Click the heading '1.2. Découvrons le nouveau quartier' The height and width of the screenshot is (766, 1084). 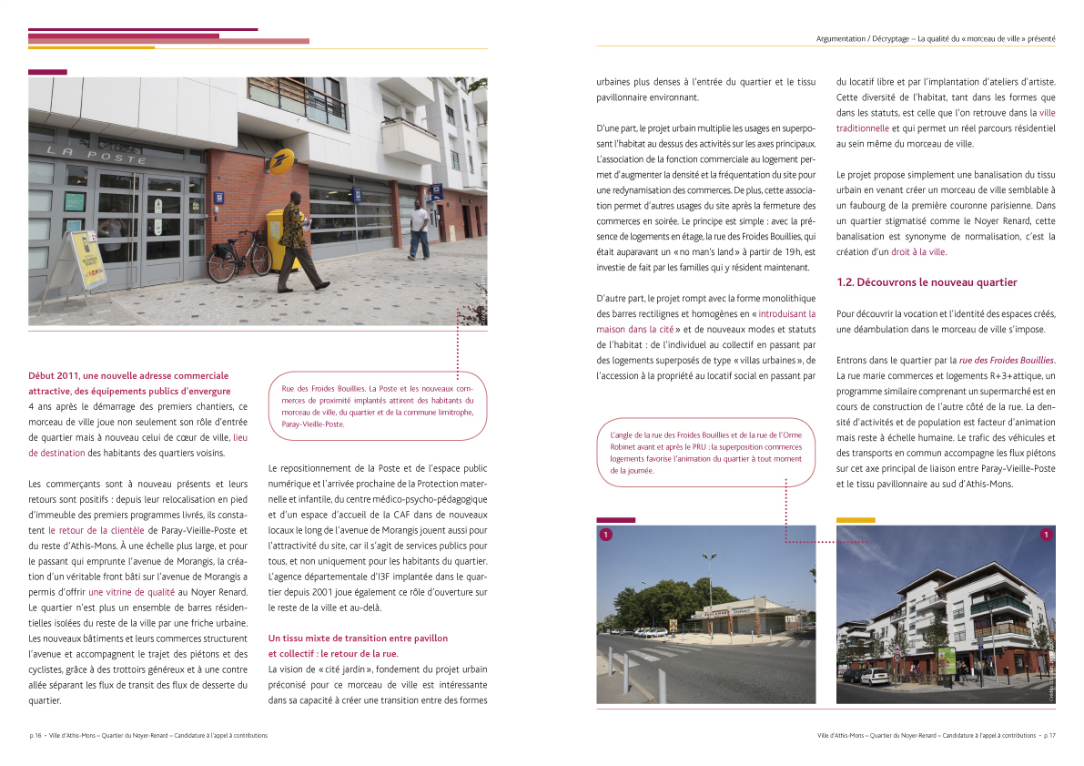(x=927, y=282)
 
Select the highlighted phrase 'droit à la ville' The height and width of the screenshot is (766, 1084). (x=918, y=251)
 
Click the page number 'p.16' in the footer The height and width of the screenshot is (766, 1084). (x=36, y=735)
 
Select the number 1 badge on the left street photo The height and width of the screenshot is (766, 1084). (x=605, y=535)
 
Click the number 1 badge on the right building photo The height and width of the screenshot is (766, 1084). (x=1046, y=535)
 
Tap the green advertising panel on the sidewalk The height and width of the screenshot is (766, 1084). (x=949, y=663)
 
